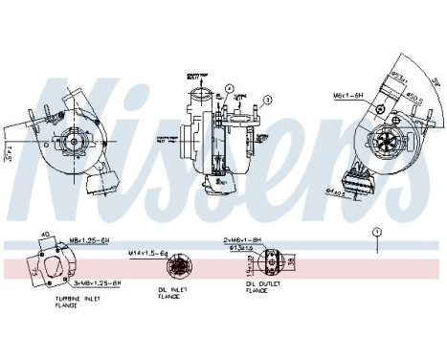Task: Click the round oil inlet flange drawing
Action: point(175,265)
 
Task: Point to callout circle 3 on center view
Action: point(268,98)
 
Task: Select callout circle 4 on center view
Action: point(230,89)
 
